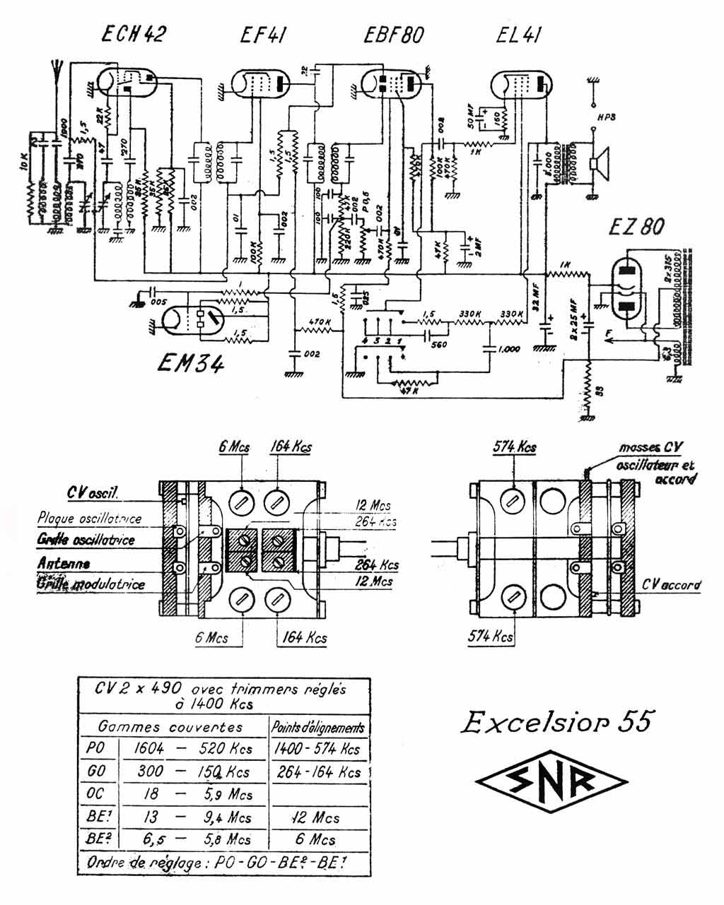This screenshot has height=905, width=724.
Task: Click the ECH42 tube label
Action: tap(133, 34)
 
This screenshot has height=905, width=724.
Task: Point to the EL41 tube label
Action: tap(520, 34)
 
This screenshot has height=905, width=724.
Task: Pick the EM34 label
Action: tap(191, 364)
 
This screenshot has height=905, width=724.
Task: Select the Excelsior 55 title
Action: tap(555, 722)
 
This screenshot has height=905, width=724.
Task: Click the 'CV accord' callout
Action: tap(672, 584)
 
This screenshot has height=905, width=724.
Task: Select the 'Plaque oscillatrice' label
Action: tap(90, 519)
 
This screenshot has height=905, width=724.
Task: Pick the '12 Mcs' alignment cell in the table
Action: tap(316, 817)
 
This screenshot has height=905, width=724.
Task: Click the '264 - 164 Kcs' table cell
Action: tap(317, 771)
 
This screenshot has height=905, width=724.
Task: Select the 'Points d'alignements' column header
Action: tap(318, 727)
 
